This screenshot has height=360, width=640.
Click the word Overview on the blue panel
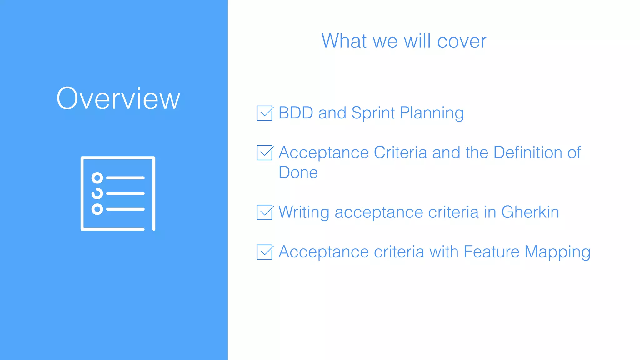118,98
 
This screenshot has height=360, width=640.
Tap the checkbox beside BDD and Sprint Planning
265,113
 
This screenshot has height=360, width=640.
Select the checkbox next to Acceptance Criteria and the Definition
265,153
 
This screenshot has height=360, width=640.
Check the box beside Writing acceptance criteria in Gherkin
265,212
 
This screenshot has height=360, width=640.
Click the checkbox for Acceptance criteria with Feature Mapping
265,252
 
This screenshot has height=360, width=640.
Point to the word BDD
296,113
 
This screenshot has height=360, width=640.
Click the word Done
298,172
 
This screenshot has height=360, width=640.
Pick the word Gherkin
530,212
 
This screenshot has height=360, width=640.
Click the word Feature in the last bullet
491,252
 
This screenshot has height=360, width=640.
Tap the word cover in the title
462,41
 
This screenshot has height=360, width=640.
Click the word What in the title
344,41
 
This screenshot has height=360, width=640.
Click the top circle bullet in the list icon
97,178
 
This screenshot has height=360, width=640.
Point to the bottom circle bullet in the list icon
97,209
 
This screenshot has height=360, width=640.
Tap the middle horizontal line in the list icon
125,194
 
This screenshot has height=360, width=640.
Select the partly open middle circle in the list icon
97,194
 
